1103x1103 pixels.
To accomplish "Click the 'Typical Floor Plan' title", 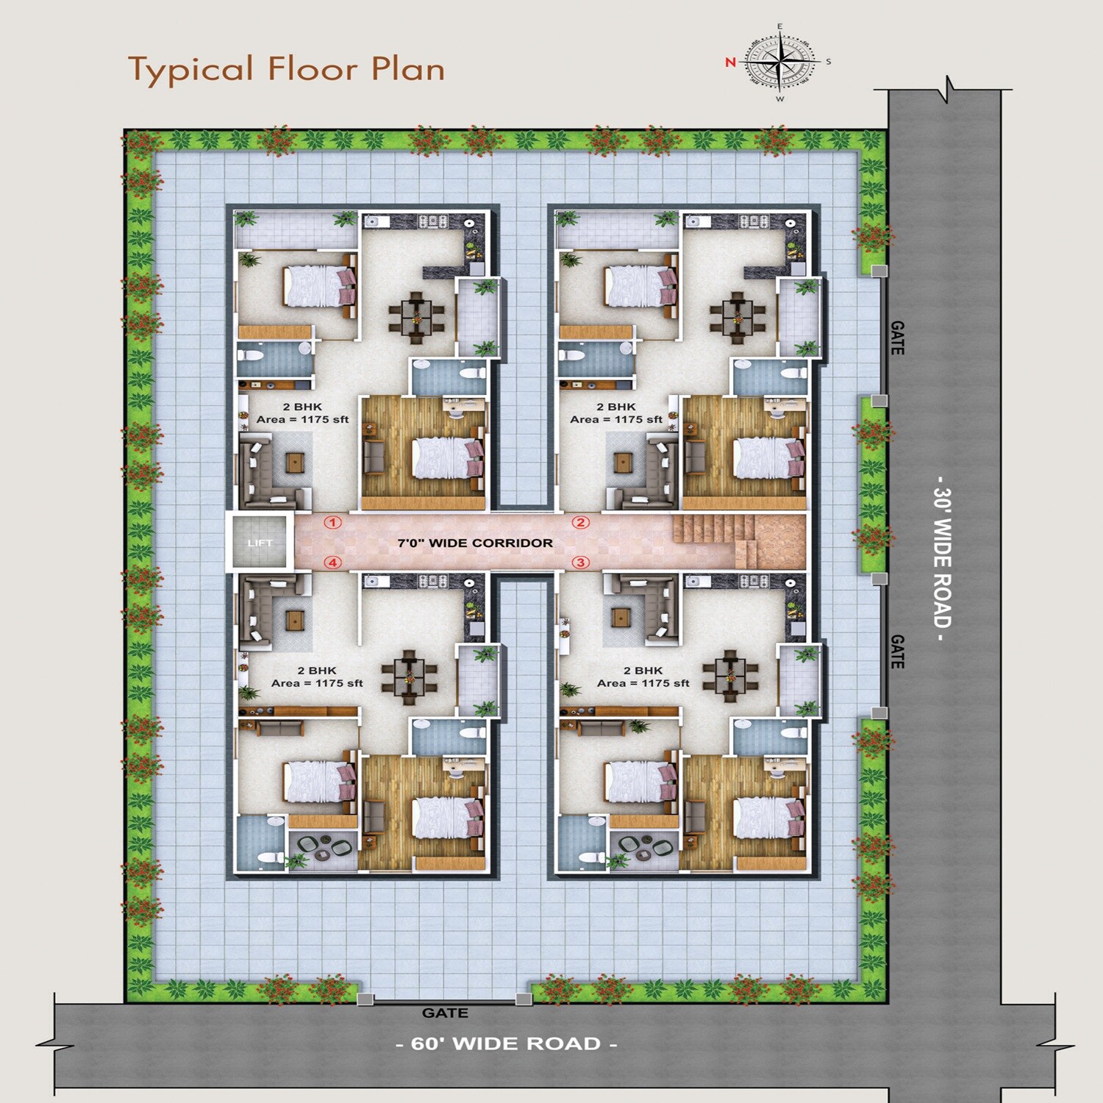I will coord(287,69).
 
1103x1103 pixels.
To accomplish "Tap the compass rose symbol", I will coord(779,63).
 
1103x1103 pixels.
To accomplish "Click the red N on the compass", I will coord(730,63).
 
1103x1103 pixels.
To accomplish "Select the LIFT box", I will coord(260,543).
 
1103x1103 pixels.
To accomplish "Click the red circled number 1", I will coord(333,523).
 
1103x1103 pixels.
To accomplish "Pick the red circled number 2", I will coord(581,523).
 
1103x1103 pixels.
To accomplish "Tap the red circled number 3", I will coord(581,563).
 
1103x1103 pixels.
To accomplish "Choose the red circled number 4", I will coord(333,563).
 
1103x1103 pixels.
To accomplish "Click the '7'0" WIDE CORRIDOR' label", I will coord(475,543).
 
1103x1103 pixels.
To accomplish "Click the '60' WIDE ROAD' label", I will coord(506,1043).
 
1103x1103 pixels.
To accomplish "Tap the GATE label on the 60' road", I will coord(445,1013).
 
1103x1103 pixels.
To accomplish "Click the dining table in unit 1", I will coord(416,318).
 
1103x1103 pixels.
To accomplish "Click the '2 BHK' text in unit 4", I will coord(317,671).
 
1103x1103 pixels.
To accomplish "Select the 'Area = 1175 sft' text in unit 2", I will coord(616,419).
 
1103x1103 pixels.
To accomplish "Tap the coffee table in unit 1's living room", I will coord(295,463).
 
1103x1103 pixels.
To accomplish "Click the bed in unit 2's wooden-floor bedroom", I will coord(765,458).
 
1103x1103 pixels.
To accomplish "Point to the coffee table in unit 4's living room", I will coord(295,620).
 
